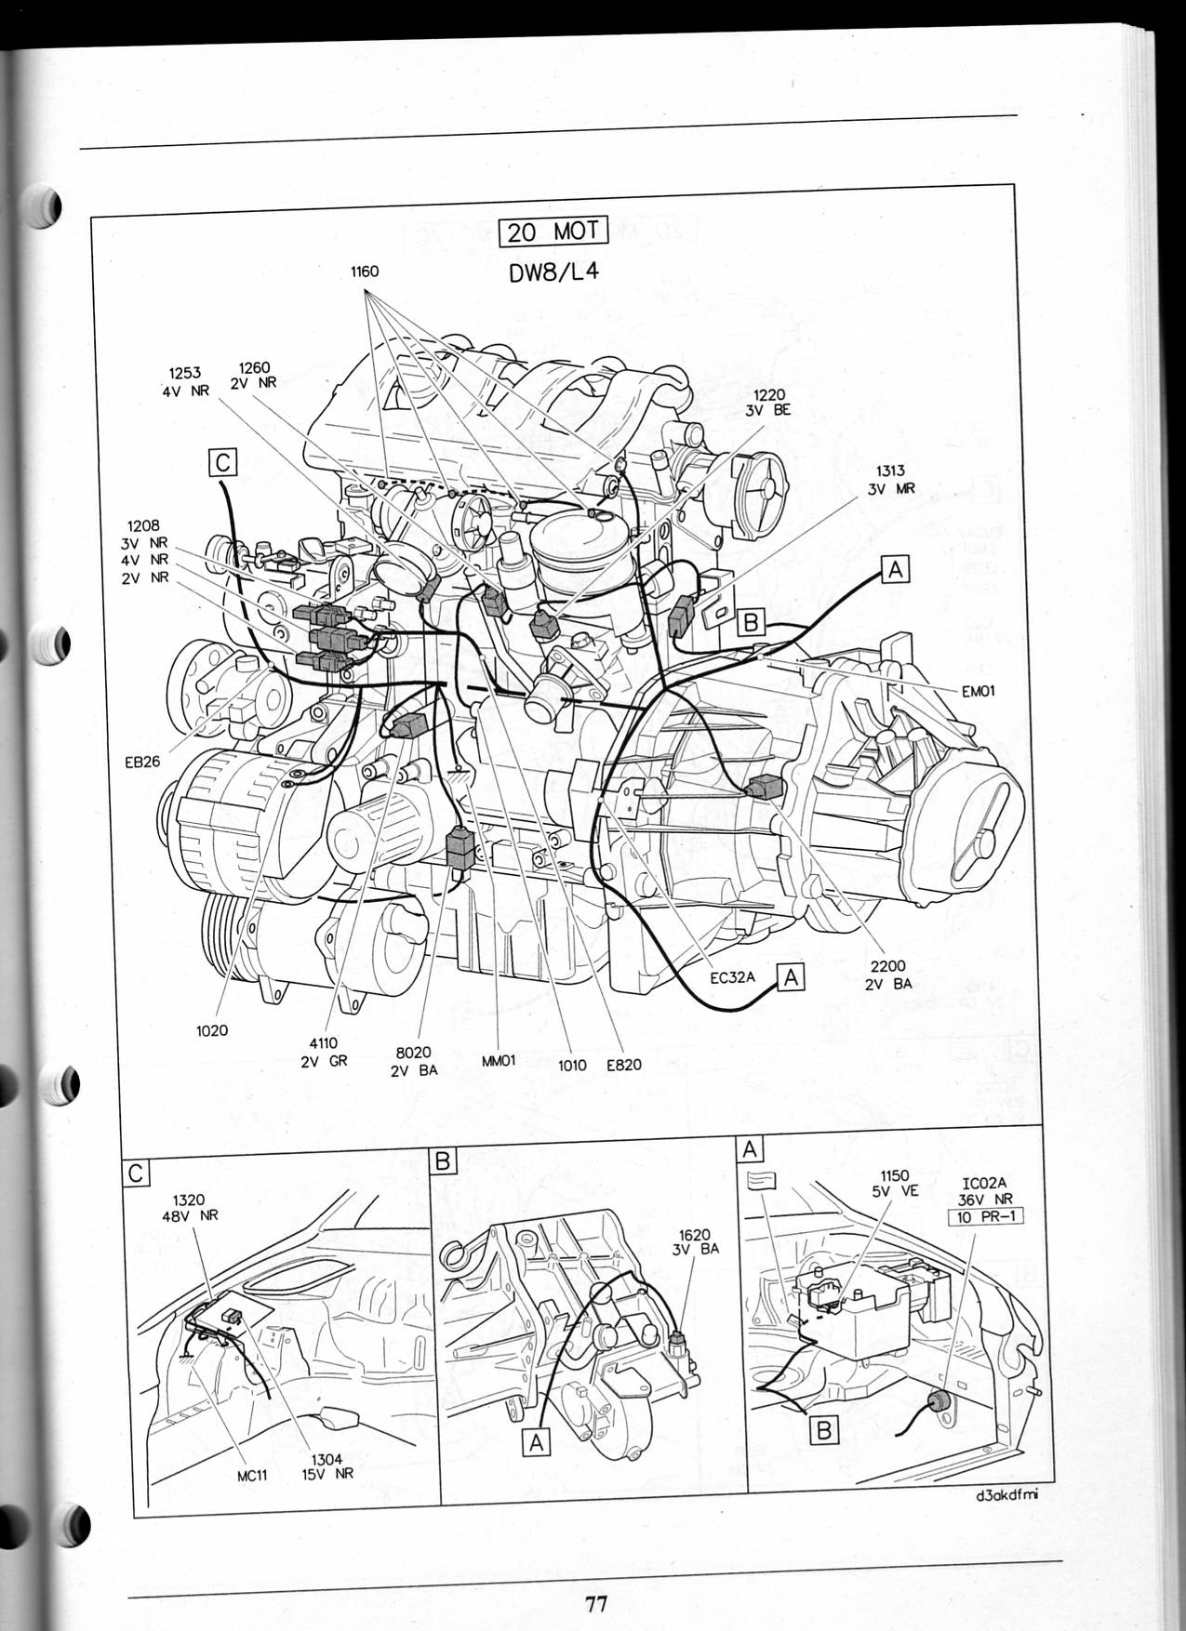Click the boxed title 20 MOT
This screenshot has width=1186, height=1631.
(x=553, y=230)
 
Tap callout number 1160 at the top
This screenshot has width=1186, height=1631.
(x=365, y=272)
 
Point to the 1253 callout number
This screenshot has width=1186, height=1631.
(x=185, y=374)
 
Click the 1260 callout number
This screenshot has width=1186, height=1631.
(x=254, y=367)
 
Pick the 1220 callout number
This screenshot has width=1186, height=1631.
(x=769, y=394)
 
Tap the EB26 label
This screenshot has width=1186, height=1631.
(x=142, y=762)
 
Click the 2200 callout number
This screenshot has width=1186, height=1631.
(x=888, y=967)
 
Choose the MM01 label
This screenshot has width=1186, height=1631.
(x=499, y=1059)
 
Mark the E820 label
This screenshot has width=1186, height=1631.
(x=624, y=1065)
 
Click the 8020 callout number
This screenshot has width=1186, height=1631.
(x=413, y=1053)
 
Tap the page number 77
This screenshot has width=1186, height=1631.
(x=595, y=1603)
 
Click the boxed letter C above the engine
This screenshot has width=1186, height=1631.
(x=223, y=462)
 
